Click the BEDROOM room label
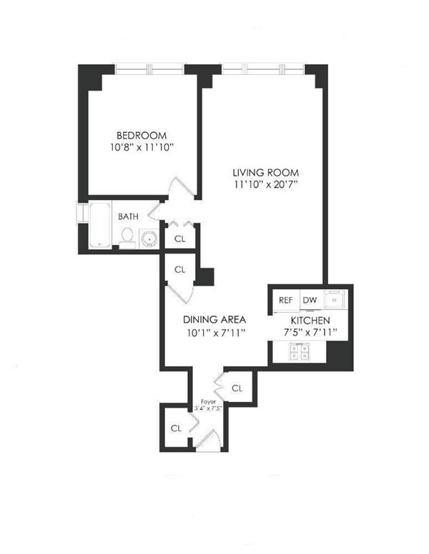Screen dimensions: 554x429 coord(142,136)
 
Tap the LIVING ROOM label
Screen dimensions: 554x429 coord(265,172)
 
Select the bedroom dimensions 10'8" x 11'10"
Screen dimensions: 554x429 coord(142,148)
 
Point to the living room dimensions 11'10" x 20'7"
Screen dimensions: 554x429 coord(265,184)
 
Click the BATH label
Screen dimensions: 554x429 coord(129,216)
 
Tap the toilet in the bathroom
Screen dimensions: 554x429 coord(127,236)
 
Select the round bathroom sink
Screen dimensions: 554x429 coord(149,237)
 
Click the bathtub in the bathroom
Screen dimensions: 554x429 coord(101,226)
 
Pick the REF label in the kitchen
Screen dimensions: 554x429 coord(285,301)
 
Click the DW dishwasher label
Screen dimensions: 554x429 coord(310,301)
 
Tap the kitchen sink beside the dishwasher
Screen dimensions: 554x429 coord(334,299)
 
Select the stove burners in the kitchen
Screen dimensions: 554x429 coord(300,351)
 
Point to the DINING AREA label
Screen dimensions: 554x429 coord(214,319)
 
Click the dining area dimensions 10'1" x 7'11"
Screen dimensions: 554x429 coord(214,331)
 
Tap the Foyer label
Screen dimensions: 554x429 coord(208,402)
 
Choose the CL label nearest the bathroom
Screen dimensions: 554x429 coord(179,240)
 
